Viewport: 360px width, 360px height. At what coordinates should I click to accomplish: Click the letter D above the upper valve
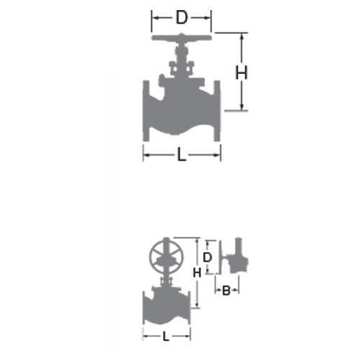tap(181, 17)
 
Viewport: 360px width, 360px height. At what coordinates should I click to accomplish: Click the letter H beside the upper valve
tap(241, 73)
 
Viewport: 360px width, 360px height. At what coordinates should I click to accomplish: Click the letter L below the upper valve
tap(181, 154)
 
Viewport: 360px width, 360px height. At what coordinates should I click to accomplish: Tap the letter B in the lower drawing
tap(226, 290)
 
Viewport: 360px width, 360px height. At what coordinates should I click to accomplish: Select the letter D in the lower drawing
tap(207, 258)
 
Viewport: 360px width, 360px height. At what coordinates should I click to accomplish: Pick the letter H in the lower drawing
tap(197, 273)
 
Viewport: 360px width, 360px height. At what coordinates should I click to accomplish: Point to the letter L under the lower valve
tap(166, 336)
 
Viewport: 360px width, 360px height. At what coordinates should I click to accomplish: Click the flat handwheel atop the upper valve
tap(181, 37)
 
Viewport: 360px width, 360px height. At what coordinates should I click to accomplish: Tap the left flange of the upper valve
tap(146, 111)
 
